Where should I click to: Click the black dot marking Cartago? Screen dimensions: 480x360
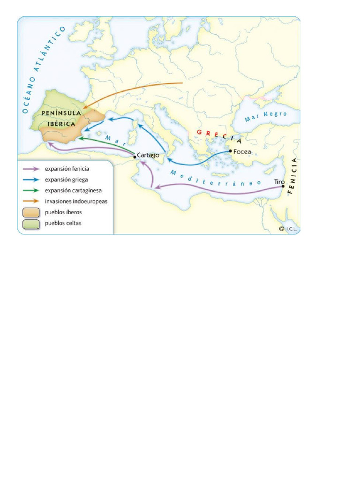tap(135, 157)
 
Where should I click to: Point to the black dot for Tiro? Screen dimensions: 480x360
tap(283, 186)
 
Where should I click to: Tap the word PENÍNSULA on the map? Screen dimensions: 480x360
tap(61, 113)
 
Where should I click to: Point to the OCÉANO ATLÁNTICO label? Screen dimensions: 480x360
tap(43, 70)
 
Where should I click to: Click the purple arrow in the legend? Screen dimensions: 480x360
tap(31, 169)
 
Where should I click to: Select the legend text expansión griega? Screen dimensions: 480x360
tap(66, 180)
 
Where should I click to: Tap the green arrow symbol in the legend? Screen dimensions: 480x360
tap(31, 190)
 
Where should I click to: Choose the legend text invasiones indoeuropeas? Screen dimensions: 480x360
tap(76, 201)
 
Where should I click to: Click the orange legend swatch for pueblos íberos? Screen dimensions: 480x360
tap(31, 212)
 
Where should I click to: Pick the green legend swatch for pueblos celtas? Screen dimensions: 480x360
tap(31, 223)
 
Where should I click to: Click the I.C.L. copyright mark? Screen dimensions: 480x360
tap(289, 229)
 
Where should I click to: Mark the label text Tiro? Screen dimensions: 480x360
tap(279, 181)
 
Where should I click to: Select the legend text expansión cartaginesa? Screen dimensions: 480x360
tap(73, 190)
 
